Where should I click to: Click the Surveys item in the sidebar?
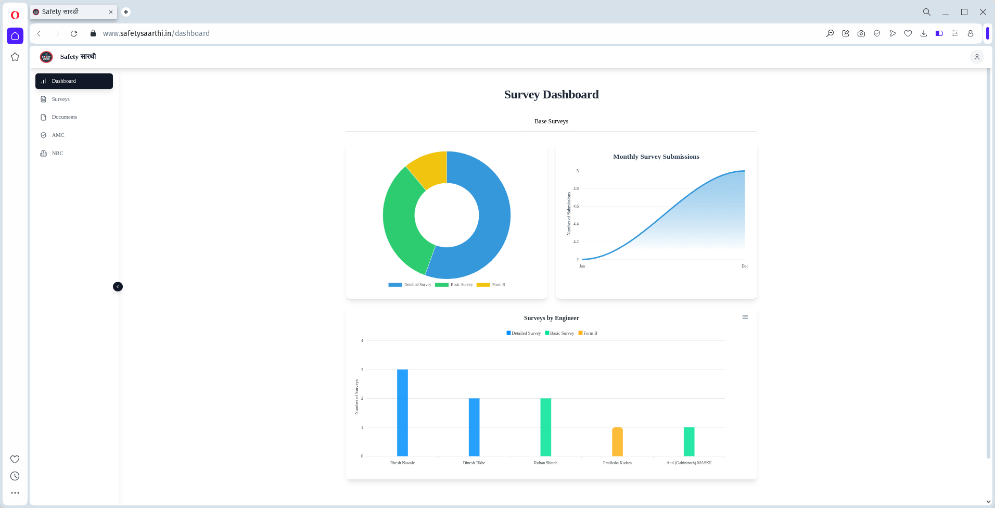pos(60,99)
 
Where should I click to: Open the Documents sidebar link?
pos(64,117)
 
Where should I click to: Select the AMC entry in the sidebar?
pos(58,135)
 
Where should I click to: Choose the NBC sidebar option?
pos(57,154)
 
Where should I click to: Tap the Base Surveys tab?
pos(551,122)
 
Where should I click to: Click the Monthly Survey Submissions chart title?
pos(656,157)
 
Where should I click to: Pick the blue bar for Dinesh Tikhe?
pos(474,427)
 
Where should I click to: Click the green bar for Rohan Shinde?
pos(545,427)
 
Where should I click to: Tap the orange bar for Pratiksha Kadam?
pos(617,441)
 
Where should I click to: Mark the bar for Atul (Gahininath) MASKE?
pos(689,441)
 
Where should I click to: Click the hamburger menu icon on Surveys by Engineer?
pos(745,317)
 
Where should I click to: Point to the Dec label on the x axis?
pos(745,266)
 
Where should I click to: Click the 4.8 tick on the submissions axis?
pos(576,188)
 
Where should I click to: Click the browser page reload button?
pos(74,33)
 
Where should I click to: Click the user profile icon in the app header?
pos(977,57)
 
